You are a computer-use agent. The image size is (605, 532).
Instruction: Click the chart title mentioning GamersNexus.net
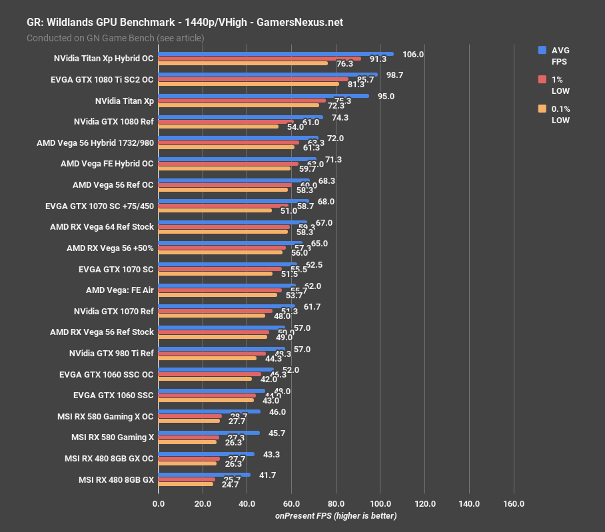[185, 22]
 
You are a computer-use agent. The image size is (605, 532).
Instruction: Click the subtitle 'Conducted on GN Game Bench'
[115, 38]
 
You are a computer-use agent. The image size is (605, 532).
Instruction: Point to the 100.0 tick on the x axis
[380, 504]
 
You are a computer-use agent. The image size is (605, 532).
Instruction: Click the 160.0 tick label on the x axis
[514, 504]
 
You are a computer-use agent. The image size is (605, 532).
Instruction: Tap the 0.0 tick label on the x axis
[159, 504]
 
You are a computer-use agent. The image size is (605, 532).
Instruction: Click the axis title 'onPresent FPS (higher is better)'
[336, 516]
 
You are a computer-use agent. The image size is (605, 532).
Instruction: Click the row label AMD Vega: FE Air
[120, 290]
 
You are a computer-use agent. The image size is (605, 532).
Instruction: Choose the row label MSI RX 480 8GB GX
[116, 479]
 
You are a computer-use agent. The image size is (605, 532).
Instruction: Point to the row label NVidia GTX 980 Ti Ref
[111, 353]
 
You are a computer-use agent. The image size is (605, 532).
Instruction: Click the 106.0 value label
[413, 55]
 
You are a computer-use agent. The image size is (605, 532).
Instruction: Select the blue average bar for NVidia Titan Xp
[264, 96]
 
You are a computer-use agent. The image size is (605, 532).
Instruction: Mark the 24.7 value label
[230, 484]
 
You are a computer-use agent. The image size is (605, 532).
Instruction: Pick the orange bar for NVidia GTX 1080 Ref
[219, 127]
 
